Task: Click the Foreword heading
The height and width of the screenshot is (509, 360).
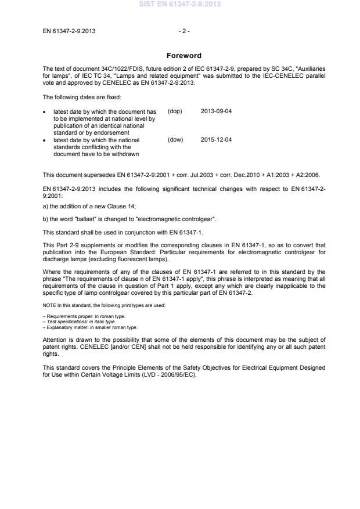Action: (183, 56)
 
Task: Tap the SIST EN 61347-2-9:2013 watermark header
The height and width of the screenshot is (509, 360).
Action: (179, 4)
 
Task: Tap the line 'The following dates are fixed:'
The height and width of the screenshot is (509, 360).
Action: (81, 97)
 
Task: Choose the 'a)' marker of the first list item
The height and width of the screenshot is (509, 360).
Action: (45, 195)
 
